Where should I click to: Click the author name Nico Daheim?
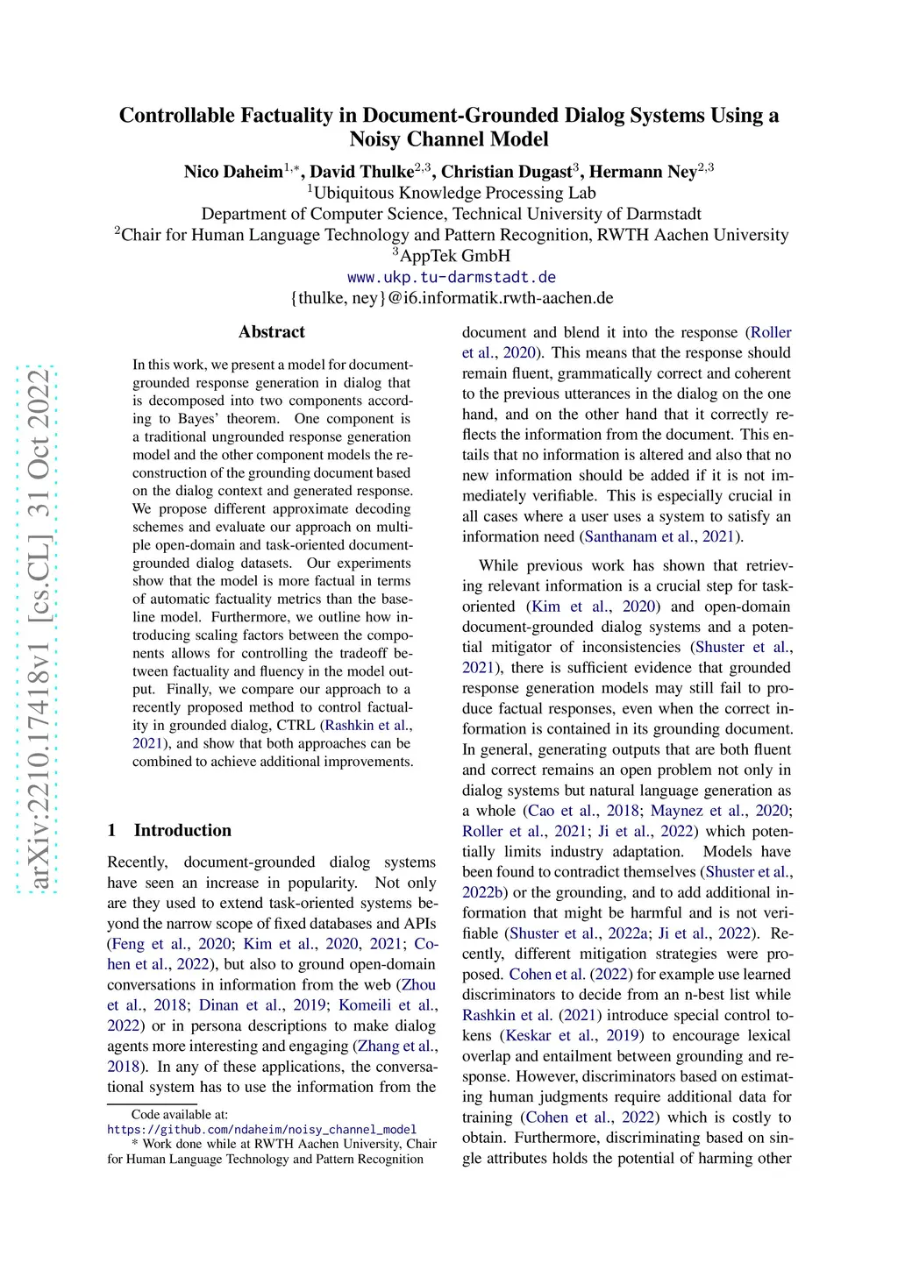click(233, 172)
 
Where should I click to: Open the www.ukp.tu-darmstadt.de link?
click(452, 277)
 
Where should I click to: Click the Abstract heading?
click(272, 332)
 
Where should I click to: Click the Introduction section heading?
click(182, 830)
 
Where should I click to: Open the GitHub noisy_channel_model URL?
click(261, 1130)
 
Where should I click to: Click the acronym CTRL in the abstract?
click(296, 726)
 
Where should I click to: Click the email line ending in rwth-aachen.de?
click(452, 298)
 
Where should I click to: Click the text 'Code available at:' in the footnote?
click(179, 1115)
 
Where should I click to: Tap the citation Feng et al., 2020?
click(171, 944)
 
